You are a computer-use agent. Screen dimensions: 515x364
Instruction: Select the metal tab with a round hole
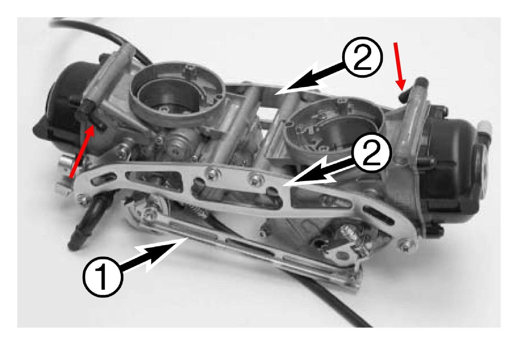(342, 255)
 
